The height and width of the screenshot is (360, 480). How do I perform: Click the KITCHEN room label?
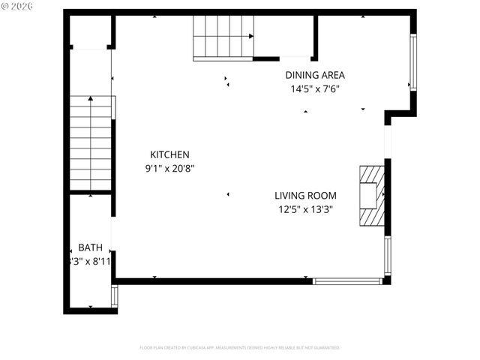point(169,154)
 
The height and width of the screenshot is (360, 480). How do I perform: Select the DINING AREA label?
point(315,75)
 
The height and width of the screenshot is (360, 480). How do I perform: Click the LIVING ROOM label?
point(305,196)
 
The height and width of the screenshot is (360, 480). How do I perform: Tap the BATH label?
point(90,248)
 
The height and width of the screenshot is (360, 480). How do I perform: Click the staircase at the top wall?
point(223,37)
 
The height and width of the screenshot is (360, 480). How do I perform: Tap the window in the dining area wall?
point(412,62)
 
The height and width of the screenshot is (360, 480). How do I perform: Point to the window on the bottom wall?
point(347,281)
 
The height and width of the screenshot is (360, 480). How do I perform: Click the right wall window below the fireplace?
point(388,256)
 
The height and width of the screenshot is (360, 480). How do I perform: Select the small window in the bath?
point(114,295)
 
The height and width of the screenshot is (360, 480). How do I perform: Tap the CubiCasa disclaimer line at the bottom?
point(240,348)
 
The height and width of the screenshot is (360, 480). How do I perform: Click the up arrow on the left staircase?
point(91,99)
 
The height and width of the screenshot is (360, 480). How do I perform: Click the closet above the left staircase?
point(91,31)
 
